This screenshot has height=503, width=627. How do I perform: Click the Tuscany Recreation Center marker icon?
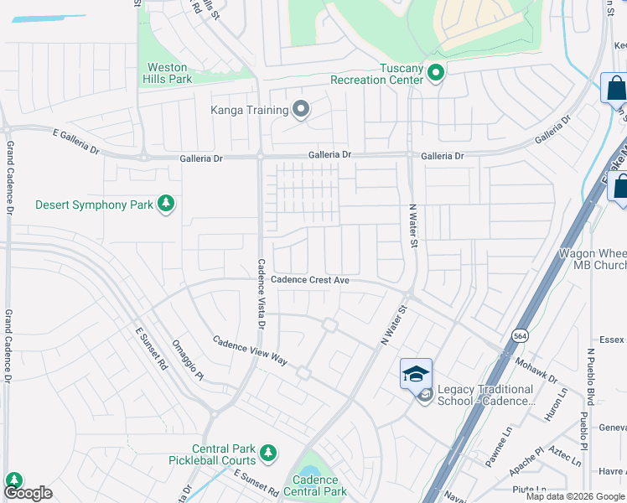coord(435,74)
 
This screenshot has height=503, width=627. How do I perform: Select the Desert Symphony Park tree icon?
coord(167,204)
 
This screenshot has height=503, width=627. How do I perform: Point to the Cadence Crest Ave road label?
coord(309,280)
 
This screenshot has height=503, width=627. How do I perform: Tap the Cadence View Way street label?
coord(250,351)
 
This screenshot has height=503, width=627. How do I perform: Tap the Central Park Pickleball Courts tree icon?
coord(268,454)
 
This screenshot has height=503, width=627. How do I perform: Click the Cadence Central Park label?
coord(315,485)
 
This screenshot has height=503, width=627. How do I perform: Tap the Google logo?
coord(28,493)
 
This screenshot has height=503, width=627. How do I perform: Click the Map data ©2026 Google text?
coord(576,496)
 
